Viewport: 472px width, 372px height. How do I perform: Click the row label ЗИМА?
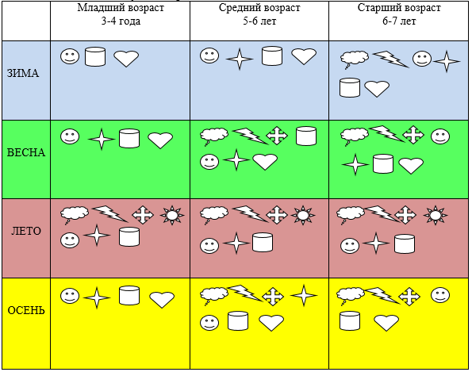23,73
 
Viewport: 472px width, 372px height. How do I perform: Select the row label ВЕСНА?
26,152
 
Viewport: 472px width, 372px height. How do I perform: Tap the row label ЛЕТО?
26,231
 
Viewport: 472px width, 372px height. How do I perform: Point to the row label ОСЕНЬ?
26,310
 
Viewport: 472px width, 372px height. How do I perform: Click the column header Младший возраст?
121,8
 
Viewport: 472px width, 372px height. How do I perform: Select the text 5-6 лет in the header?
259,21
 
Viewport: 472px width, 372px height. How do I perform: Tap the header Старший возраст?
399,8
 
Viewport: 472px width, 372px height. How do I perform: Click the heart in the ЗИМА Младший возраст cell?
126,58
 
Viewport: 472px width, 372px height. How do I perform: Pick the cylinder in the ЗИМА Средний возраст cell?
272,56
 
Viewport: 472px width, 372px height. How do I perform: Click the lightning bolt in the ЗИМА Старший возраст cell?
391,59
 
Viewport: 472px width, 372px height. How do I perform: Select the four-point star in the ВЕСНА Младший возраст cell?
102,139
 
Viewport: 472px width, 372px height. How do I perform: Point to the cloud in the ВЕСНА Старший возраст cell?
355,136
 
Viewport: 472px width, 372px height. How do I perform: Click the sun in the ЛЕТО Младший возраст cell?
172,215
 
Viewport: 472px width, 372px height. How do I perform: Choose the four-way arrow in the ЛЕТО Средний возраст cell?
277,215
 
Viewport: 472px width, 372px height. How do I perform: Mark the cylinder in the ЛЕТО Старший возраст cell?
405,244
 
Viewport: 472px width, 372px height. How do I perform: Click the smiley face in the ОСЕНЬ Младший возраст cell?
70,296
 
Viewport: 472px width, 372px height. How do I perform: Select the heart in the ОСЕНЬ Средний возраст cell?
271,323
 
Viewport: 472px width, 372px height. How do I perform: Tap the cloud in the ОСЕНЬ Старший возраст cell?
350,295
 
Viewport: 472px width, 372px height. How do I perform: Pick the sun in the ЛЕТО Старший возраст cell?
436,215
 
